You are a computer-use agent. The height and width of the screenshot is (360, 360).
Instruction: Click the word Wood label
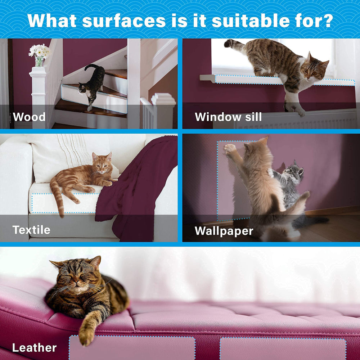pyautogui.click(x=29, y=117)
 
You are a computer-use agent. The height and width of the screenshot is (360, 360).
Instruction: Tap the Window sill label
pyautogui.click(x=228, y=117)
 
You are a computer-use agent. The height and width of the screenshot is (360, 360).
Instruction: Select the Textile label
pyautogui.click(x=31, y=230)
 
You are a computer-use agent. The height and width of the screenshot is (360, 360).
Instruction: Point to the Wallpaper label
pyautogui.click(x=224, y=231)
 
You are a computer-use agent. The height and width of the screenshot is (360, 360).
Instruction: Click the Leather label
pyautogui.click(x=35, y=348)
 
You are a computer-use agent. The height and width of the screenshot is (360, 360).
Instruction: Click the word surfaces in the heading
pyautogui.click(x=124, y=21)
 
